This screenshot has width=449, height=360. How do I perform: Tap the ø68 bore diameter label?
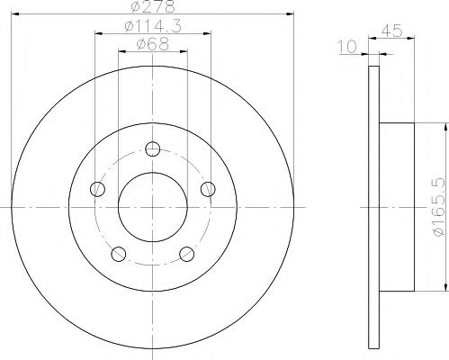pos(150,46)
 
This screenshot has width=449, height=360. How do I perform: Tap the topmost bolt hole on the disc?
pos(153,150)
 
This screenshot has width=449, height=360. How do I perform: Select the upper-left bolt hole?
pos(98,189)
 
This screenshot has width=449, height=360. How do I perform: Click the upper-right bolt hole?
pos(208,189)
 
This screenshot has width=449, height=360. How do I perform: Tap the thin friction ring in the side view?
pos(374,208)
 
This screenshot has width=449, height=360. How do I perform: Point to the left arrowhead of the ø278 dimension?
pos(14,14)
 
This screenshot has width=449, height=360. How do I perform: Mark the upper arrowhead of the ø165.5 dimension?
pos(445,126)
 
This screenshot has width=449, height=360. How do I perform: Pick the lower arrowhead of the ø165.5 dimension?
pos(445,290)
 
